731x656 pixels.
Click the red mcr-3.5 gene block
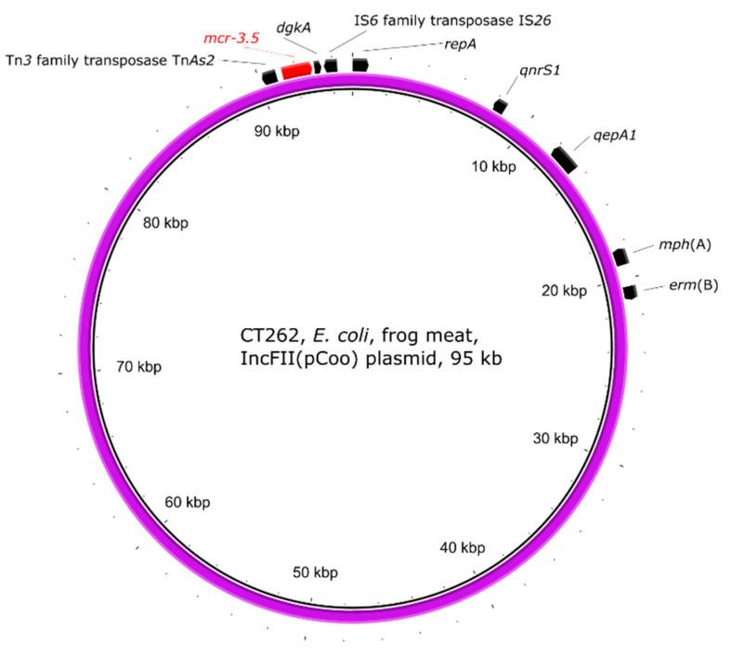pyautogui.click(x=297, y=71)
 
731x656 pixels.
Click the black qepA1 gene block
pyautogui.click(x=565, y=159)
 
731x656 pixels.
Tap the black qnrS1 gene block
pyautogui.click(x=501, y=107)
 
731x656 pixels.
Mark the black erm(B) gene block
pyautogui.click(x=630, y=292)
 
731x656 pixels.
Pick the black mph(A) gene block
pyautogui.click(x=620, y=257)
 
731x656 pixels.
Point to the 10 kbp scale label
pyautogui.click(x=492, y=167)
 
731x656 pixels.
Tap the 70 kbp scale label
pyautogui.click(x=138, y=366)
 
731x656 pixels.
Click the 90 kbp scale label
pyautogui.click(x=277, y=131)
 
